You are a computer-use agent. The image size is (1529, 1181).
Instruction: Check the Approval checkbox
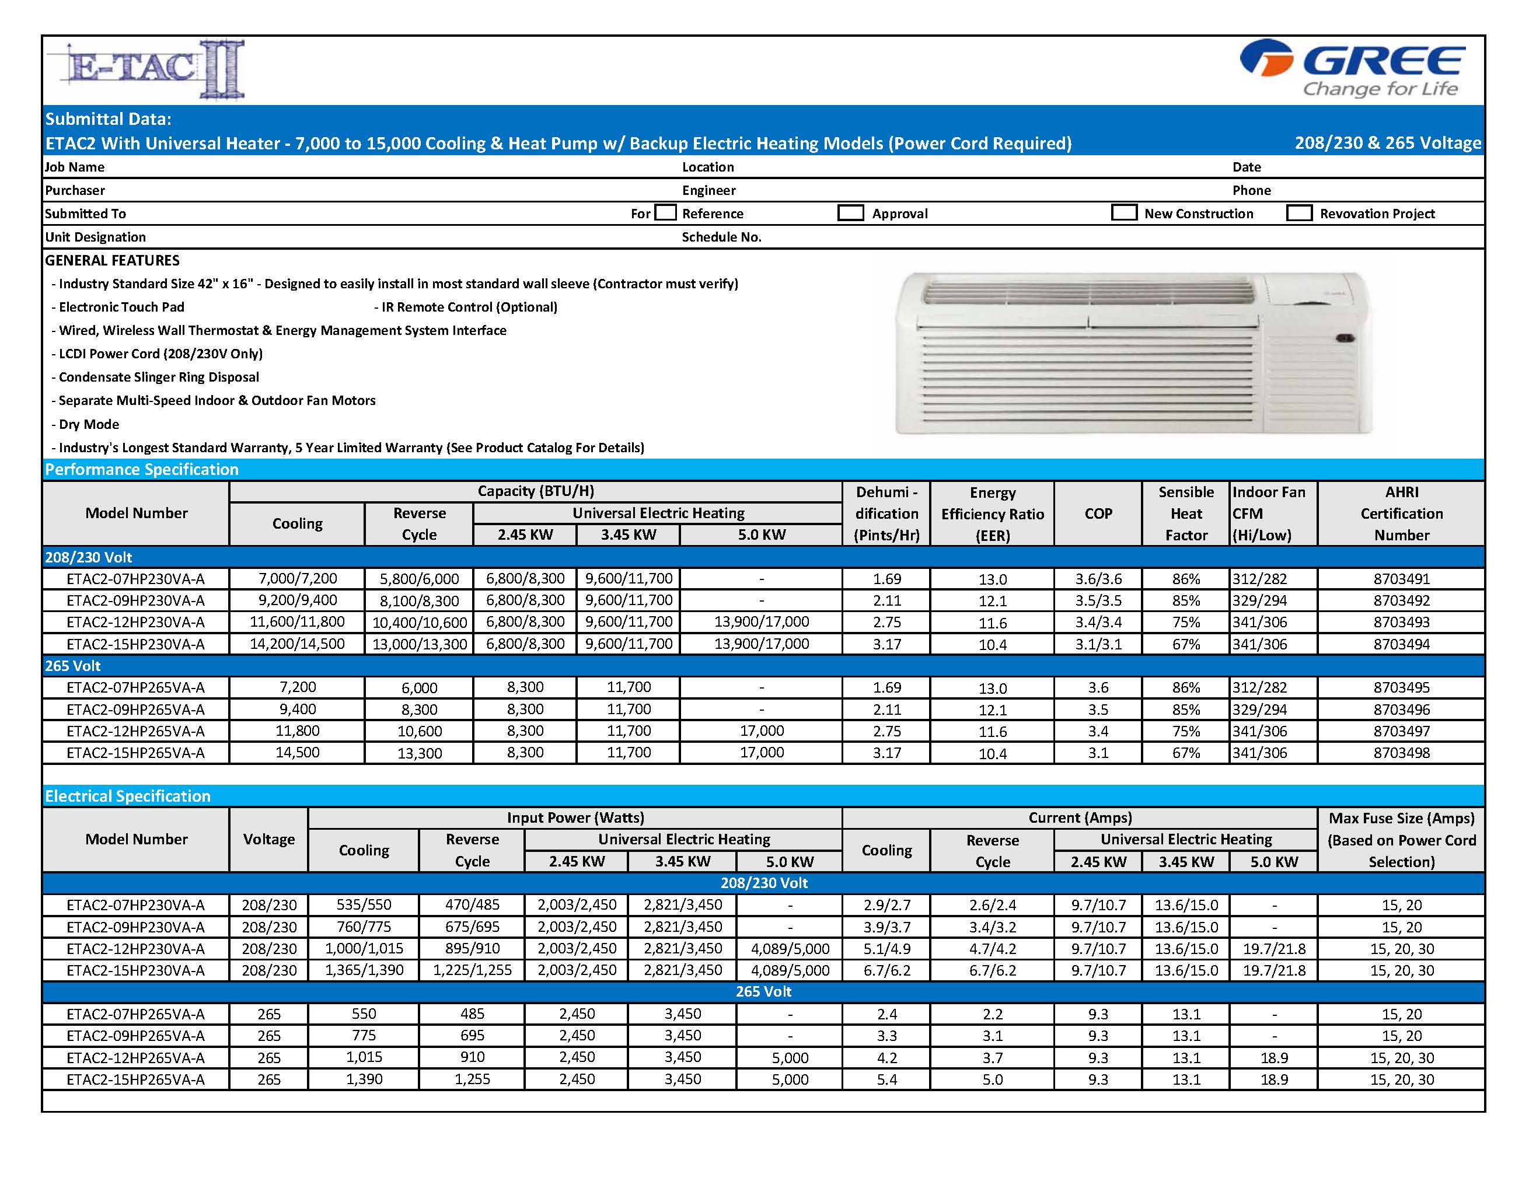click(x=851, y=213)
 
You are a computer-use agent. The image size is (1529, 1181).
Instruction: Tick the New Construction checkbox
click(x=1123, y=213)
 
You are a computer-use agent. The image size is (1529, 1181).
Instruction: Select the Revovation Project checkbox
click(x=1298, y=213)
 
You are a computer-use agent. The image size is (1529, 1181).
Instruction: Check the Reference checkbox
click(x=666, y=213)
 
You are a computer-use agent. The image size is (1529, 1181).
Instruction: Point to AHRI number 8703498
click(x=1401, y=753)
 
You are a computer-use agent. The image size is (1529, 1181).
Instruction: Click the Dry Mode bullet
click(x=89, y=424)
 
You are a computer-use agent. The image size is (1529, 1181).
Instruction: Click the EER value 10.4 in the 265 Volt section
click(x=992, y=754)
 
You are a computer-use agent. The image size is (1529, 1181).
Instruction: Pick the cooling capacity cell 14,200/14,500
click(x=297, y=644)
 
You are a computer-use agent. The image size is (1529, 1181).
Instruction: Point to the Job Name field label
click(x=75, y=167)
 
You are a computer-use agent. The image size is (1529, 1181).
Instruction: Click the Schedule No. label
click(x=721, y=237)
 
